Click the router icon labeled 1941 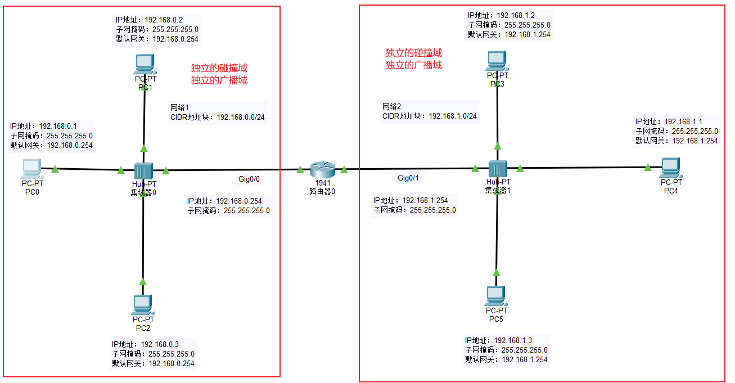click(x=322, y=169)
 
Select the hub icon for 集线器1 click(x=498, y=169)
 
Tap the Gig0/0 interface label click(x=249, y=179)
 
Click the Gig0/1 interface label click(x=408, y=178)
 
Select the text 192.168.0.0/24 click(x=241, y=117)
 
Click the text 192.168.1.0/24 click(x=453, y=116)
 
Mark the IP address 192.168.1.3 click(x=513, y=340)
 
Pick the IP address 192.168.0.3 click(x=160, y=344)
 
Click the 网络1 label click(x=181, y=107)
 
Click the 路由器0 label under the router click(x=322, y=191)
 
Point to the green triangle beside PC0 click(x=55, y=168)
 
